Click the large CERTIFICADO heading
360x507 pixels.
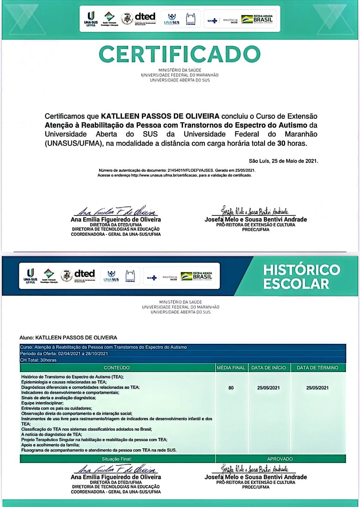pyautogui.click(x=180, y=54)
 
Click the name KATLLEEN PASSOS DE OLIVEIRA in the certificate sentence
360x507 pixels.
pyautogui.click(x=160, y=116)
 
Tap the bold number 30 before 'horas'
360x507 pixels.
pyautogui.click(x=281, y=143)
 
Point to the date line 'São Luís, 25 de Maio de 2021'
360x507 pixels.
pyautogui.click(x=283, y=161)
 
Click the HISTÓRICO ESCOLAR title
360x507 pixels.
pyautogui.click(x=301, y=277)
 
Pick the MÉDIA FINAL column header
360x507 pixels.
pyautogui.click(x=231, y=368)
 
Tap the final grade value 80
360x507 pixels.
pyautogui.click(x=231, y=388)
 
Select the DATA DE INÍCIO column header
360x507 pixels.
pyautogui.click(x=268, y=368)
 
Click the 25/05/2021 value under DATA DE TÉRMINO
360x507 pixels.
pyautogui.click(x=317, y=388)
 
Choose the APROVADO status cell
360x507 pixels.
pyautogui.click(x=280, y=459)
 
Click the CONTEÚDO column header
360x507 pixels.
pyautogui.click(x=117, y=368)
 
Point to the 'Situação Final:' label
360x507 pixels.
pyautogui.click(x=117, y=459)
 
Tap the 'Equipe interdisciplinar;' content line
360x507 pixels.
pyautogui.click(x=42, y=403)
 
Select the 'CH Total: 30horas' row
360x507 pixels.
pyautogui.click(x=38, y=360)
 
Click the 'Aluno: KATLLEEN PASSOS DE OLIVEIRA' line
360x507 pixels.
pyautogui.click(x=68, y=338)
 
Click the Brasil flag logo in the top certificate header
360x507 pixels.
pyautogui.click(x=257, y=19)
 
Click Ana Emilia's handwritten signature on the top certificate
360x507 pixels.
pyautogui.click(x=116, y=211)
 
